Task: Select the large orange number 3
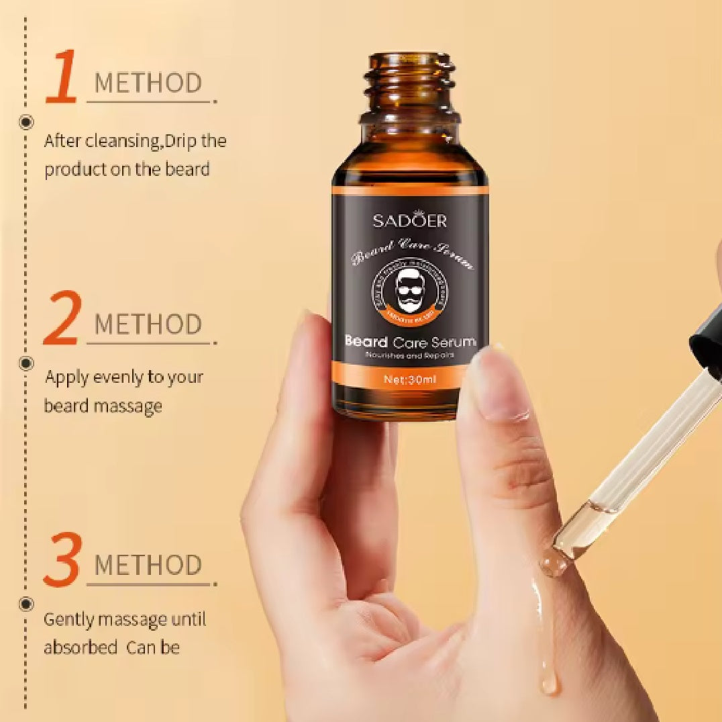pyautogui.click(x=62, y=559)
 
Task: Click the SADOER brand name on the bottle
pyautogui.click(x=409, y=220)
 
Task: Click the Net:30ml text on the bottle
pyautogui.click(x=409, y=379)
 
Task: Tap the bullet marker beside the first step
pyautogui.click(x=27, y=122)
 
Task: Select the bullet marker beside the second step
pyautogui.click(x=27, y=363)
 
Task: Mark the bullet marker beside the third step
pyautogui.click(x=27, y=604)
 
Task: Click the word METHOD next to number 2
pyautogui.click(x=148, y=324)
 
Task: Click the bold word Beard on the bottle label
pyautogui.click(x=366, y=342)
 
